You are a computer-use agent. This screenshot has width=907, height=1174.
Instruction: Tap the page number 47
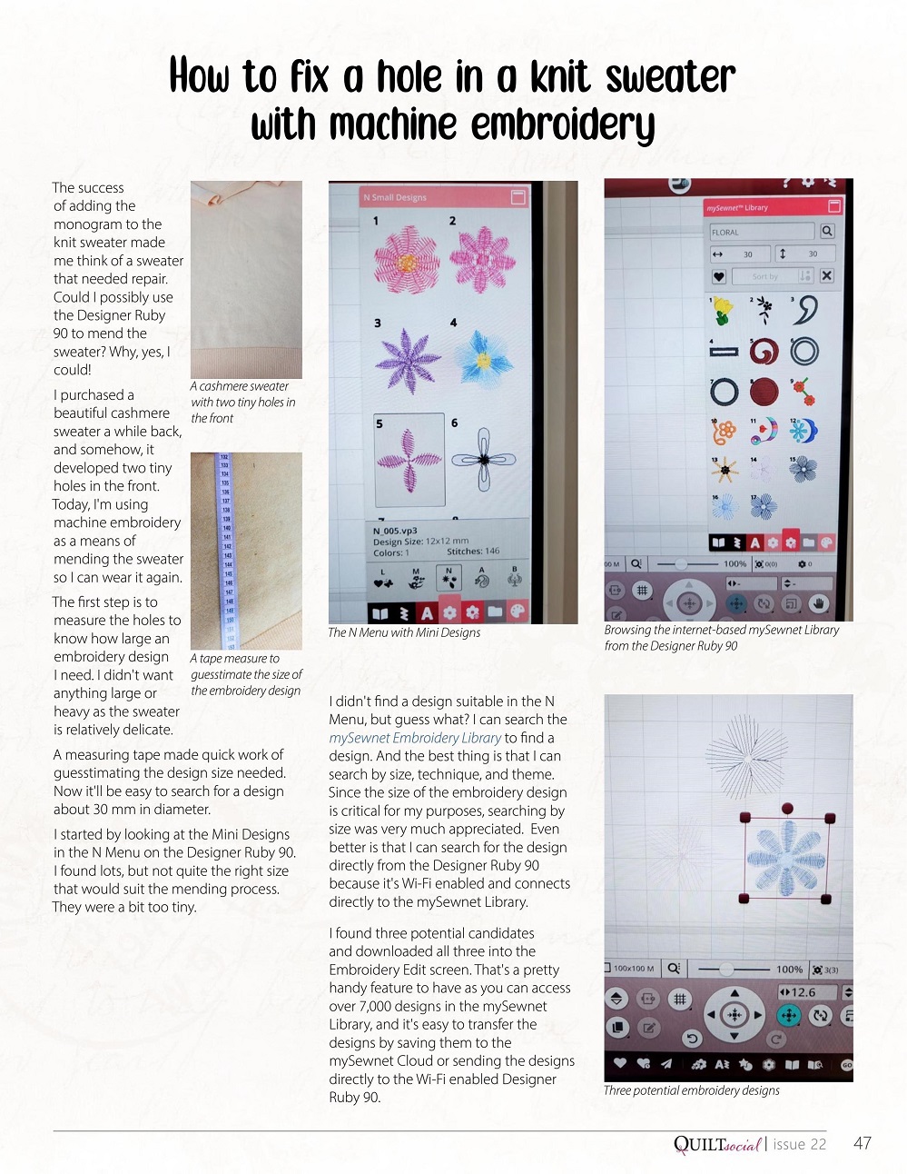coord(862,1143)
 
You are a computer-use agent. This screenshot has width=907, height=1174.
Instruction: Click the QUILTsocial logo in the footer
coord(716,1144)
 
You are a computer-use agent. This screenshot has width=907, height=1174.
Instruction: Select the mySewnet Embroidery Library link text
coord(415,738)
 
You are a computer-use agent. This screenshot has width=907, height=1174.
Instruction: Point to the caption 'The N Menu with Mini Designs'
coord(404,632)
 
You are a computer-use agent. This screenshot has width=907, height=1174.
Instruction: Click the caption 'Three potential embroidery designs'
coord(691,1090)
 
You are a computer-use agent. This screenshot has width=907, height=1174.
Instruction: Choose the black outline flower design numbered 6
coord(484,459)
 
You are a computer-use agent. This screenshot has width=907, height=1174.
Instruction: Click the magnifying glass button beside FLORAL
coord(827,232)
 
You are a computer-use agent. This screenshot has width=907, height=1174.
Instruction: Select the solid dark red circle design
coord(764,393)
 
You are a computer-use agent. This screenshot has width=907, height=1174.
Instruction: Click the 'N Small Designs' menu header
coord(395,197)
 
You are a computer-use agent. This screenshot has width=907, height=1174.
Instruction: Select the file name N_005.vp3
coord(395,531)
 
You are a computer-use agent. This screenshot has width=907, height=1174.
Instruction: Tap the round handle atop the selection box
coord(787,808)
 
